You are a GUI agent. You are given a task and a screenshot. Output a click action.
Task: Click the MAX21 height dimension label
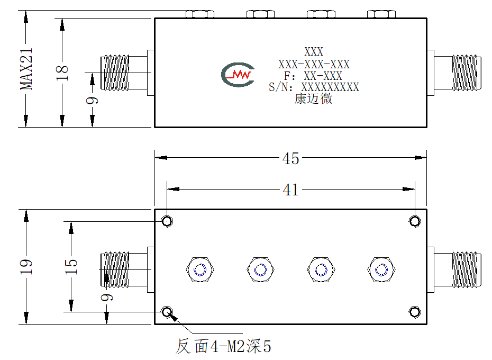(x=26, y=69)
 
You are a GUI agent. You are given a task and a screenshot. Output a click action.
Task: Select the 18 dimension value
(x=62, y=73)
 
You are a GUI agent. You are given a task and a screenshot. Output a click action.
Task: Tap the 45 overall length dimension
(x=290, y=158)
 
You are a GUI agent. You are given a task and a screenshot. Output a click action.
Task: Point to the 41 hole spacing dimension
(x=290, y=190)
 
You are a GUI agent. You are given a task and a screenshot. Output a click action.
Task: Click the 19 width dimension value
(x=26, y=267)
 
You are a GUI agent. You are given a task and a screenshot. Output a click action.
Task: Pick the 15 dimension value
(x=71, y=266)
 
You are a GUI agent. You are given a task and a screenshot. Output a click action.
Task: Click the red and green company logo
(x=238, y=75)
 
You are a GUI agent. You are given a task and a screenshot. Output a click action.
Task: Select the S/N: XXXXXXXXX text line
(x=314, y=87)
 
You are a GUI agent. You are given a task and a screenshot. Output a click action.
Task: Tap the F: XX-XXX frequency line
(x=313, y=76)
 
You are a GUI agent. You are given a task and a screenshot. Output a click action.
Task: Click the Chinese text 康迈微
(x=313, y=98)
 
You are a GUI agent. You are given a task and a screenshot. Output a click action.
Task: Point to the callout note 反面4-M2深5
(x=223, y=346)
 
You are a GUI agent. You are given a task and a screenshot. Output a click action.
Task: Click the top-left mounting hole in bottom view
(x=167, y=221)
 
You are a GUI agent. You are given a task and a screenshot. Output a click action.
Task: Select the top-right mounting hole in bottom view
(x=415, y=221)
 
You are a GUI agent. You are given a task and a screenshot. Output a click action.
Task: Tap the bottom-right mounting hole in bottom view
(x=415, y=312)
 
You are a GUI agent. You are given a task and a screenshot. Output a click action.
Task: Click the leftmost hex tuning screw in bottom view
(x=200, y=269)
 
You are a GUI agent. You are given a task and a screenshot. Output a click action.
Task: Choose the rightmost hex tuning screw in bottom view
(x=381, y=269)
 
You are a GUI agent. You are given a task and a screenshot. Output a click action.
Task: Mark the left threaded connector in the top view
(x=124, y=73)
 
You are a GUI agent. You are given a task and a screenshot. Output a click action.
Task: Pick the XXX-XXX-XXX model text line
(x=314, y=65)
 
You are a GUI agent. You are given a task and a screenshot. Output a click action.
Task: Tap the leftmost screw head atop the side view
(x=200, y=14)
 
